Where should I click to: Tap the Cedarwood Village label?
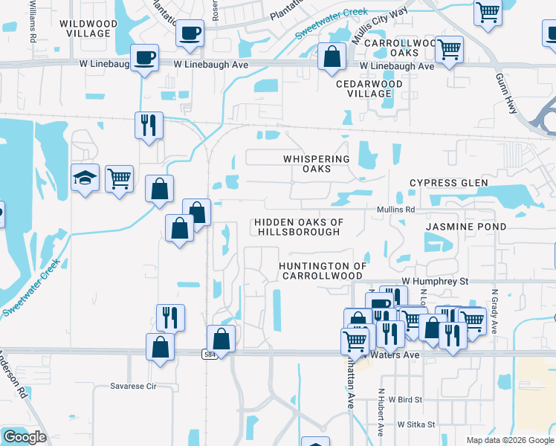click(369, 88)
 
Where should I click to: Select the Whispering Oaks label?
click(316, 164)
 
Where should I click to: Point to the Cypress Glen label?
click(449, 183)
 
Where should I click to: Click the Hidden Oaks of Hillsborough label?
click(298, 227)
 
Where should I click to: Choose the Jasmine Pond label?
click(466, 226)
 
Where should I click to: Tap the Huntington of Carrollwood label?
click(323, 271)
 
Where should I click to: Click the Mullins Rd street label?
click(395, 210)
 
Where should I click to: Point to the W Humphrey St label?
click(435, 281)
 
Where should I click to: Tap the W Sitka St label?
click(421, 424)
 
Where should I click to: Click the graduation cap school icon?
click(85, 178)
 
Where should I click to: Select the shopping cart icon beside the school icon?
click(119, 178)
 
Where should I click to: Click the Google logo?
click(24, 437)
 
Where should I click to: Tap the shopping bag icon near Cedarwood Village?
click(332, 56)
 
